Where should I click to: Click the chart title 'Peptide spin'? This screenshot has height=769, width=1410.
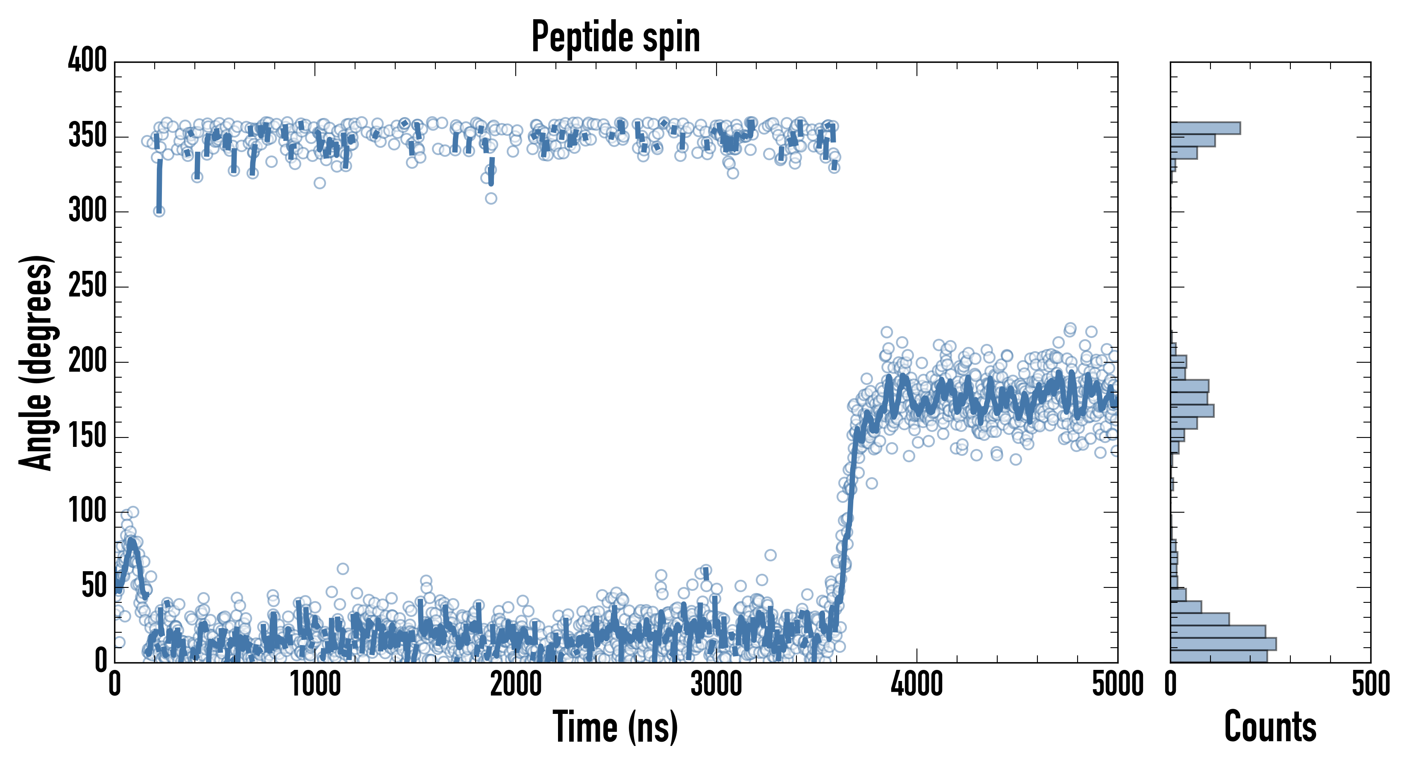click(616, 37)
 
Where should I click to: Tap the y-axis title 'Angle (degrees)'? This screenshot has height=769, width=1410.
click(36, 362)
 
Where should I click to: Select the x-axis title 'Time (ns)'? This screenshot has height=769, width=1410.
click(616, 727)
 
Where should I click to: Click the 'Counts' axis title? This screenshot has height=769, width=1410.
click(1270, 727)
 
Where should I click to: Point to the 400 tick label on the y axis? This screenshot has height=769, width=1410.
click(88, 60)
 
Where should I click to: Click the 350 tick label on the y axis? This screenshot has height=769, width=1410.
click(88, 136)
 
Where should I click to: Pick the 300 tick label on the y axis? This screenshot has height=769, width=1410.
click(88, 211)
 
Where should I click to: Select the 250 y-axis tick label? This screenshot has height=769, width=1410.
click(88, 286)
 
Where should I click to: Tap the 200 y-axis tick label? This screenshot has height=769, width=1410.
click(88, 361)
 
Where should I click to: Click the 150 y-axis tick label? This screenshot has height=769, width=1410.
click(88, 437)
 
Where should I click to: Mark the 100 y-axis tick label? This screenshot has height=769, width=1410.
click(88, 512)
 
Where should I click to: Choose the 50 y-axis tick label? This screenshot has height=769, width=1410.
click(94, 587)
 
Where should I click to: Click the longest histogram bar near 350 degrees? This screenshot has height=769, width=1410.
click(1205, 128)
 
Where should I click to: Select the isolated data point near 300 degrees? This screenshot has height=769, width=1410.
click(159, 211)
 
